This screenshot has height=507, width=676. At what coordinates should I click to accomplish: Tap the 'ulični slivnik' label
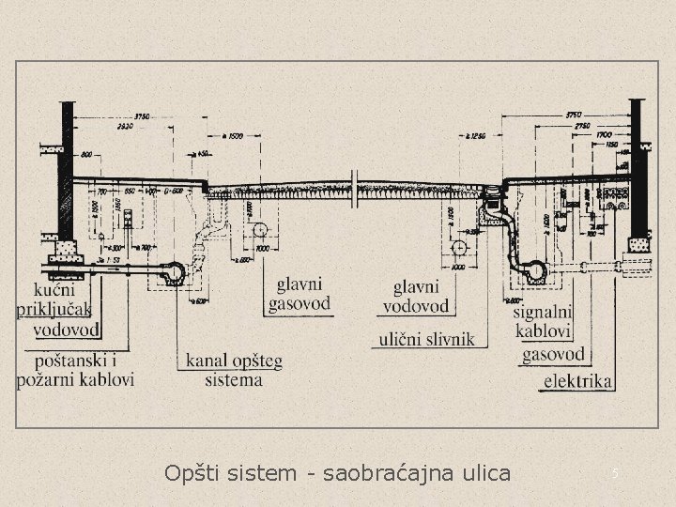[427, 338]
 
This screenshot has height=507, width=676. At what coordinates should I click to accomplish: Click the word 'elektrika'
[578, 381]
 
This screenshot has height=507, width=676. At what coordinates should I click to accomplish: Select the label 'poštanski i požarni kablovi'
[75, 369]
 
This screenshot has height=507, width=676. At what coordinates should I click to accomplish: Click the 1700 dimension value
[606, 135]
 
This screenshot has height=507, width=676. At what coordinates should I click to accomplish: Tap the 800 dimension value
[87, 154]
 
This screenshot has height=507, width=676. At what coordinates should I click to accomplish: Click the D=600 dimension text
[173, 191]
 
